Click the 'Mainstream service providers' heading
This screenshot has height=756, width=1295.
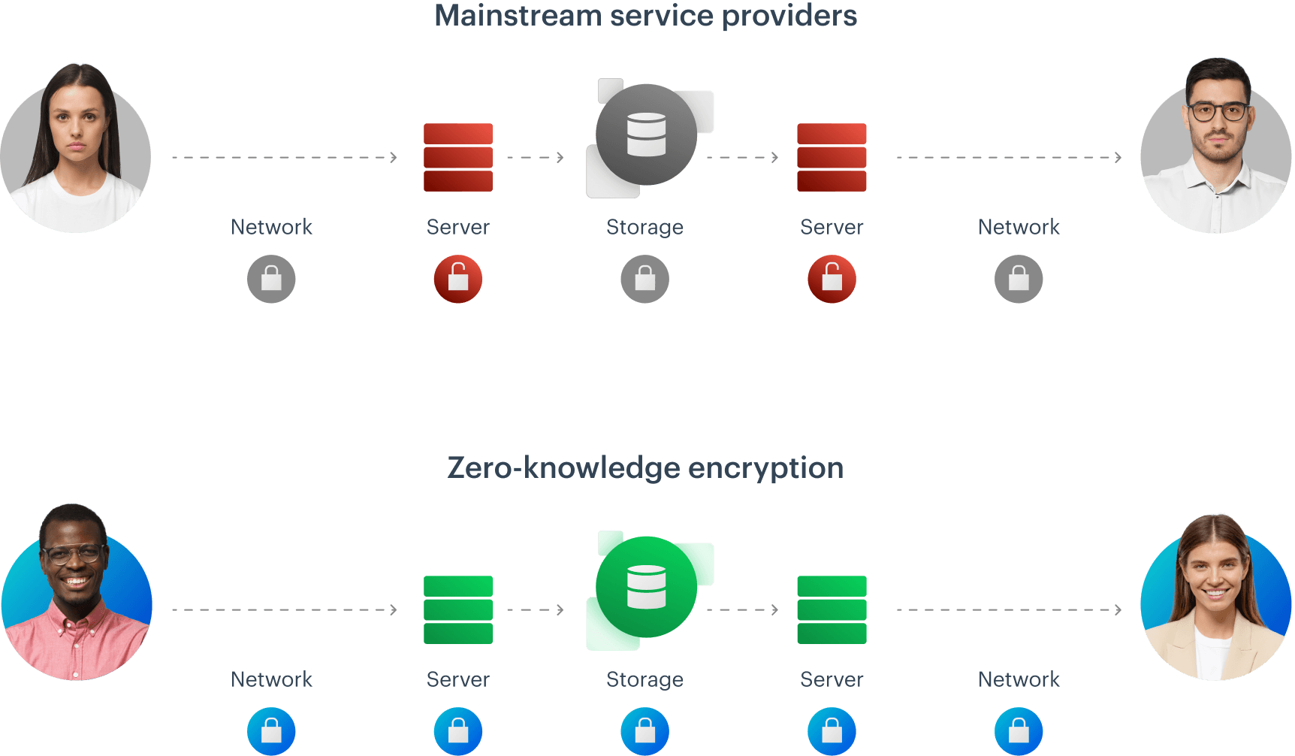[x=645, y=16]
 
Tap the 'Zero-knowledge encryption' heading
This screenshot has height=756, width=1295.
[x=645, y=467]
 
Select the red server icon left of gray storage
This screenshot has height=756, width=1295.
[x=458, y=157]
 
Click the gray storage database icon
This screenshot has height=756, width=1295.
[x=647, y=135]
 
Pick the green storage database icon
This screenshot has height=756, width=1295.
[x=647, y=587]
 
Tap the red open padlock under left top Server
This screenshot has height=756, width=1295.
[x=458, y=279]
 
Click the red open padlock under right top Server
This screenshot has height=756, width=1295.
[x=832, y=279]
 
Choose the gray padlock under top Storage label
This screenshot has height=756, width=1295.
[x=644, y=279]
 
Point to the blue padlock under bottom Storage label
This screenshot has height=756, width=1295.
[x=644, y=730]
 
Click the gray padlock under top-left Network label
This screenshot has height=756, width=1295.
[x=271, y=279]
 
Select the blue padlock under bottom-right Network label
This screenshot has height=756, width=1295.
[x=1019, y=730]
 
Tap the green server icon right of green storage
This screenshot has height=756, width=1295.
[x=832, y=609]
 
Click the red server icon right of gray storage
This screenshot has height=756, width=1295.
[x=832, y=157]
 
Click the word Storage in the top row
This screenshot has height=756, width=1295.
[x=644, y=227]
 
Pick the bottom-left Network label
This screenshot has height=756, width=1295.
[x=271, y=679]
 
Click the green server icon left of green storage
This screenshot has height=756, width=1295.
[x=458, y=609]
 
